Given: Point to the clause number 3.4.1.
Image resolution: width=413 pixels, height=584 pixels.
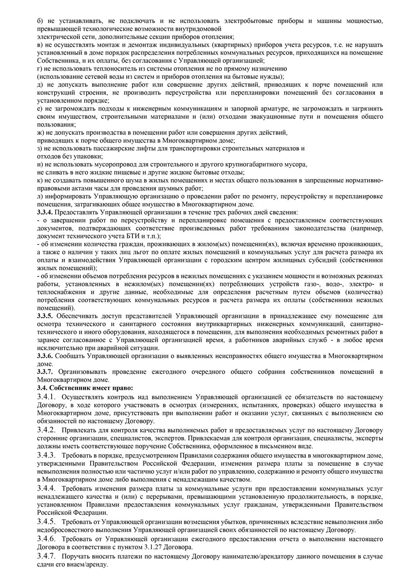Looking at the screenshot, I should coord(47,398).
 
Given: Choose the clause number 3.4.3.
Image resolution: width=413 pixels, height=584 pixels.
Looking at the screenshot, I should coord(47,455).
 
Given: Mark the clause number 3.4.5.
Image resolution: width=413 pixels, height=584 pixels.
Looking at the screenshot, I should coord(47,522).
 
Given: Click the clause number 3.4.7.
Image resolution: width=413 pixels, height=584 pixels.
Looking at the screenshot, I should coord(47,556).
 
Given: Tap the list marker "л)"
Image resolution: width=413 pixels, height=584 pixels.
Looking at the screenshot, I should coord(40,196).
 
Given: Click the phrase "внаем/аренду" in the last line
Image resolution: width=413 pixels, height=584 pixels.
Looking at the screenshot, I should coord(85,564).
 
